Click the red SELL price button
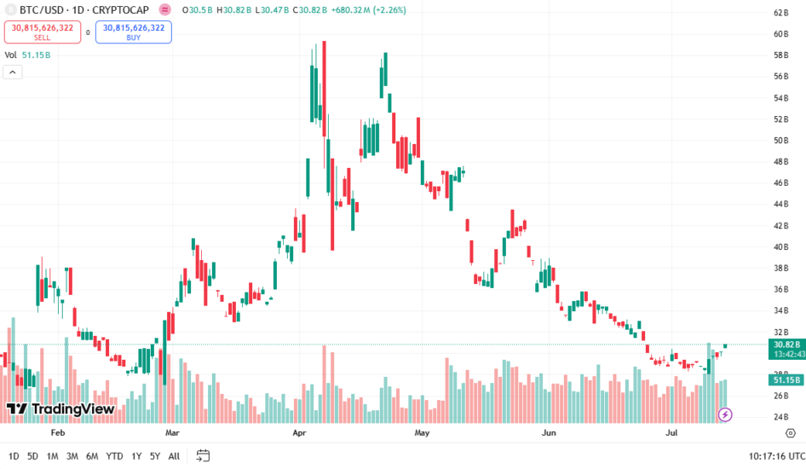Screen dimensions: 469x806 [x=43, y=32]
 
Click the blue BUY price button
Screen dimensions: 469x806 [x=134, y=32]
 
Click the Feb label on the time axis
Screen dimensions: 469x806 [x=58, y=432]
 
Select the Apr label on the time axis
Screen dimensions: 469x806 [x=299, y=432]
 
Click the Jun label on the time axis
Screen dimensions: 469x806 [x=549, y=432]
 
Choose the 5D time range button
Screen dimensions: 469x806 [x=32, y=456]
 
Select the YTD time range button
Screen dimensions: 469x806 [x=114, y=456]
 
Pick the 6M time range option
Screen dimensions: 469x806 [x=92, y=456]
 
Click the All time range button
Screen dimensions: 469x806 [x=174, y=456]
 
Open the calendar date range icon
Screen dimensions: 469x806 [x=203, y=455]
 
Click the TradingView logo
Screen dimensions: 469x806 [x=60, y=409]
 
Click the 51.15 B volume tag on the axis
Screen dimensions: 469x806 [x=785, y=380]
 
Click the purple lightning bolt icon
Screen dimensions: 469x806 [x=725, y=414]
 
